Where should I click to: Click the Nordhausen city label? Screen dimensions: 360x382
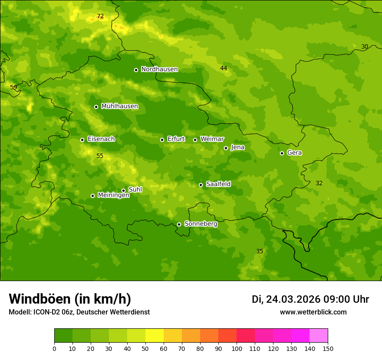tap(159, 69)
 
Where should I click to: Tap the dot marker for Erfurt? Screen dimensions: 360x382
tap(162, 140)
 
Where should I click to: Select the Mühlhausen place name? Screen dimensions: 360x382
tap(119, 106)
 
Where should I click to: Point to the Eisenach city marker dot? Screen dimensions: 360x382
tap(82, 140)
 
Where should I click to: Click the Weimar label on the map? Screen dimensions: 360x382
tap(212, 139)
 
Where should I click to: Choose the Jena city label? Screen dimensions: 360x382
tap(237, 147)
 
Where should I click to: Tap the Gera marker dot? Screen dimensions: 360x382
tap(282, 153)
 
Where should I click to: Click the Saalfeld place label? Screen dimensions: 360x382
tap(218, 184)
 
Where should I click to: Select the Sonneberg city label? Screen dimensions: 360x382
tap(201, 224)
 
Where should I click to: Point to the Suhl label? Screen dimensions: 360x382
tap(135, 190)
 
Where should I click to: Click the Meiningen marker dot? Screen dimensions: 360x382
tap(92, 196)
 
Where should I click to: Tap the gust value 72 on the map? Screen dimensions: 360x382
tap(100, 16)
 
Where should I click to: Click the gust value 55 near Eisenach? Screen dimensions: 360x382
tap(100, 156)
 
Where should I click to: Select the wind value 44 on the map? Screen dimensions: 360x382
tap(224, 69)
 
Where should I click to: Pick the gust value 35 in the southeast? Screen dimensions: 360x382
tap(260, 252)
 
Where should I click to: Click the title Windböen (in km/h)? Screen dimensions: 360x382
tap(70, 299)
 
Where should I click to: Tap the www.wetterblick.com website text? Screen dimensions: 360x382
tap(313, 312)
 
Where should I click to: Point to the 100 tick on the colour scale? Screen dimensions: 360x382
tap(237, 348)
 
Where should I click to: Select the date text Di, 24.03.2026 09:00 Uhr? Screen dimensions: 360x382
tap(310, 299)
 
